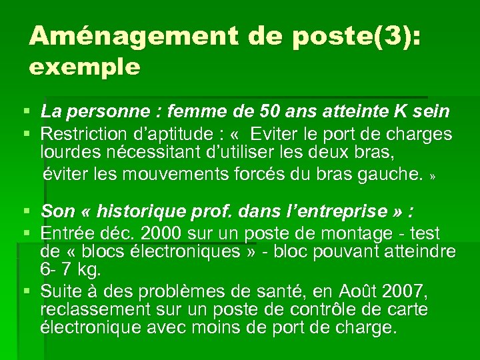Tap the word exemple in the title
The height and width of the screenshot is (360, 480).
point(85,67)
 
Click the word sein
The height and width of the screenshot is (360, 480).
point(433,112)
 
